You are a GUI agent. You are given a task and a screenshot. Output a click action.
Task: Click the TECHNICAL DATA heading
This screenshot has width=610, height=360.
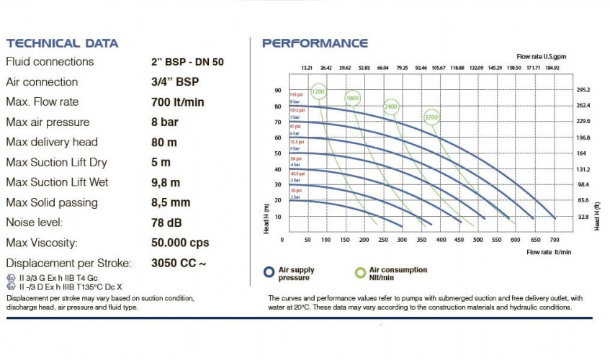[62, 42]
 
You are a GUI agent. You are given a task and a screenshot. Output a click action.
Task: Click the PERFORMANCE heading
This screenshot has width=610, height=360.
[315, 42]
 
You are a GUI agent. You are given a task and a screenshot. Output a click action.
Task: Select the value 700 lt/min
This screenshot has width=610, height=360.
[177, 102]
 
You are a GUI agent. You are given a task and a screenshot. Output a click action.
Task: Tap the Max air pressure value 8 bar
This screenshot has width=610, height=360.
[165, 122]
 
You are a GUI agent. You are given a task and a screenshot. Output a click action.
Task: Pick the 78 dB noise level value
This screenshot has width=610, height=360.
[166, 223]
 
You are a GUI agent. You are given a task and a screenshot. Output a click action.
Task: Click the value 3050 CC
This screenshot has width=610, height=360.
[174, 263]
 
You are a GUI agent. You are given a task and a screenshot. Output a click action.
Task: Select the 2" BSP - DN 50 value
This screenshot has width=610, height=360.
[187, 62]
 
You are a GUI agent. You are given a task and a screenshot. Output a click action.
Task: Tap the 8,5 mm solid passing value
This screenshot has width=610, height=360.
[171, 203]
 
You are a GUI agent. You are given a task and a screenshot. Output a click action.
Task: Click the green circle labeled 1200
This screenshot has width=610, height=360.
[318, 91]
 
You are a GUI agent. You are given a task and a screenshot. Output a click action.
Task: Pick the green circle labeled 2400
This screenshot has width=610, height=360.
[390, 107]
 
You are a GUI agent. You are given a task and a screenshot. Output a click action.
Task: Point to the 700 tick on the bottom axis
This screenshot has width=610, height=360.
[555, 239]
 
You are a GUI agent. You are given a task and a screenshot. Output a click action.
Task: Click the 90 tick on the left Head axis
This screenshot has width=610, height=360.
[277, 90]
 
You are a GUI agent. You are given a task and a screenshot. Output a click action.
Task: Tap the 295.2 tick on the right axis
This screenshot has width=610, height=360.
[583, 90]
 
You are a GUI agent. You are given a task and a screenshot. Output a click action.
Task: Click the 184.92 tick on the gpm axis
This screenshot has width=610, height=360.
[552, 68]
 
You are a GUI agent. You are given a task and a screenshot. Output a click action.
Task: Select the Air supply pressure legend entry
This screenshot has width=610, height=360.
[290, 274]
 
